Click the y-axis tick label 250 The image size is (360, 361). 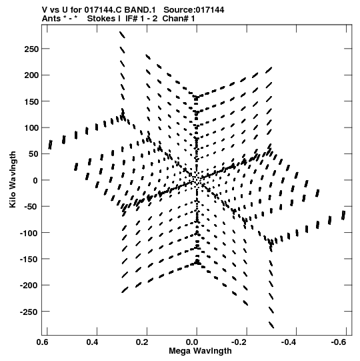31,49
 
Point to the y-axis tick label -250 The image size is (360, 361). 29,312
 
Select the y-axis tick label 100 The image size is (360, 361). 31,127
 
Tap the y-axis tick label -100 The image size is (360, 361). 29,234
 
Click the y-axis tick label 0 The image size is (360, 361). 35,180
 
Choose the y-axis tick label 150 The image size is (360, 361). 31,101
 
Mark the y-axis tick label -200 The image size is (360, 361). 29,286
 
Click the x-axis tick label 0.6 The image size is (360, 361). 43,342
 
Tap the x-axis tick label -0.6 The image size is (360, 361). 339,342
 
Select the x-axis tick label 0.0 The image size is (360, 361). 192,342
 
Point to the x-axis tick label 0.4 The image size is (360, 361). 92,342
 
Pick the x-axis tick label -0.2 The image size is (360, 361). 239,342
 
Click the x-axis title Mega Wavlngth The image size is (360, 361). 200,351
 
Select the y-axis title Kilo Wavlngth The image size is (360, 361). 13,179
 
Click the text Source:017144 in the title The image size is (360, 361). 194,10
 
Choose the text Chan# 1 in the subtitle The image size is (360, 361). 179,19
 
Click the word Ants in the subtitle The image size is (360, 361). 51,19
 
